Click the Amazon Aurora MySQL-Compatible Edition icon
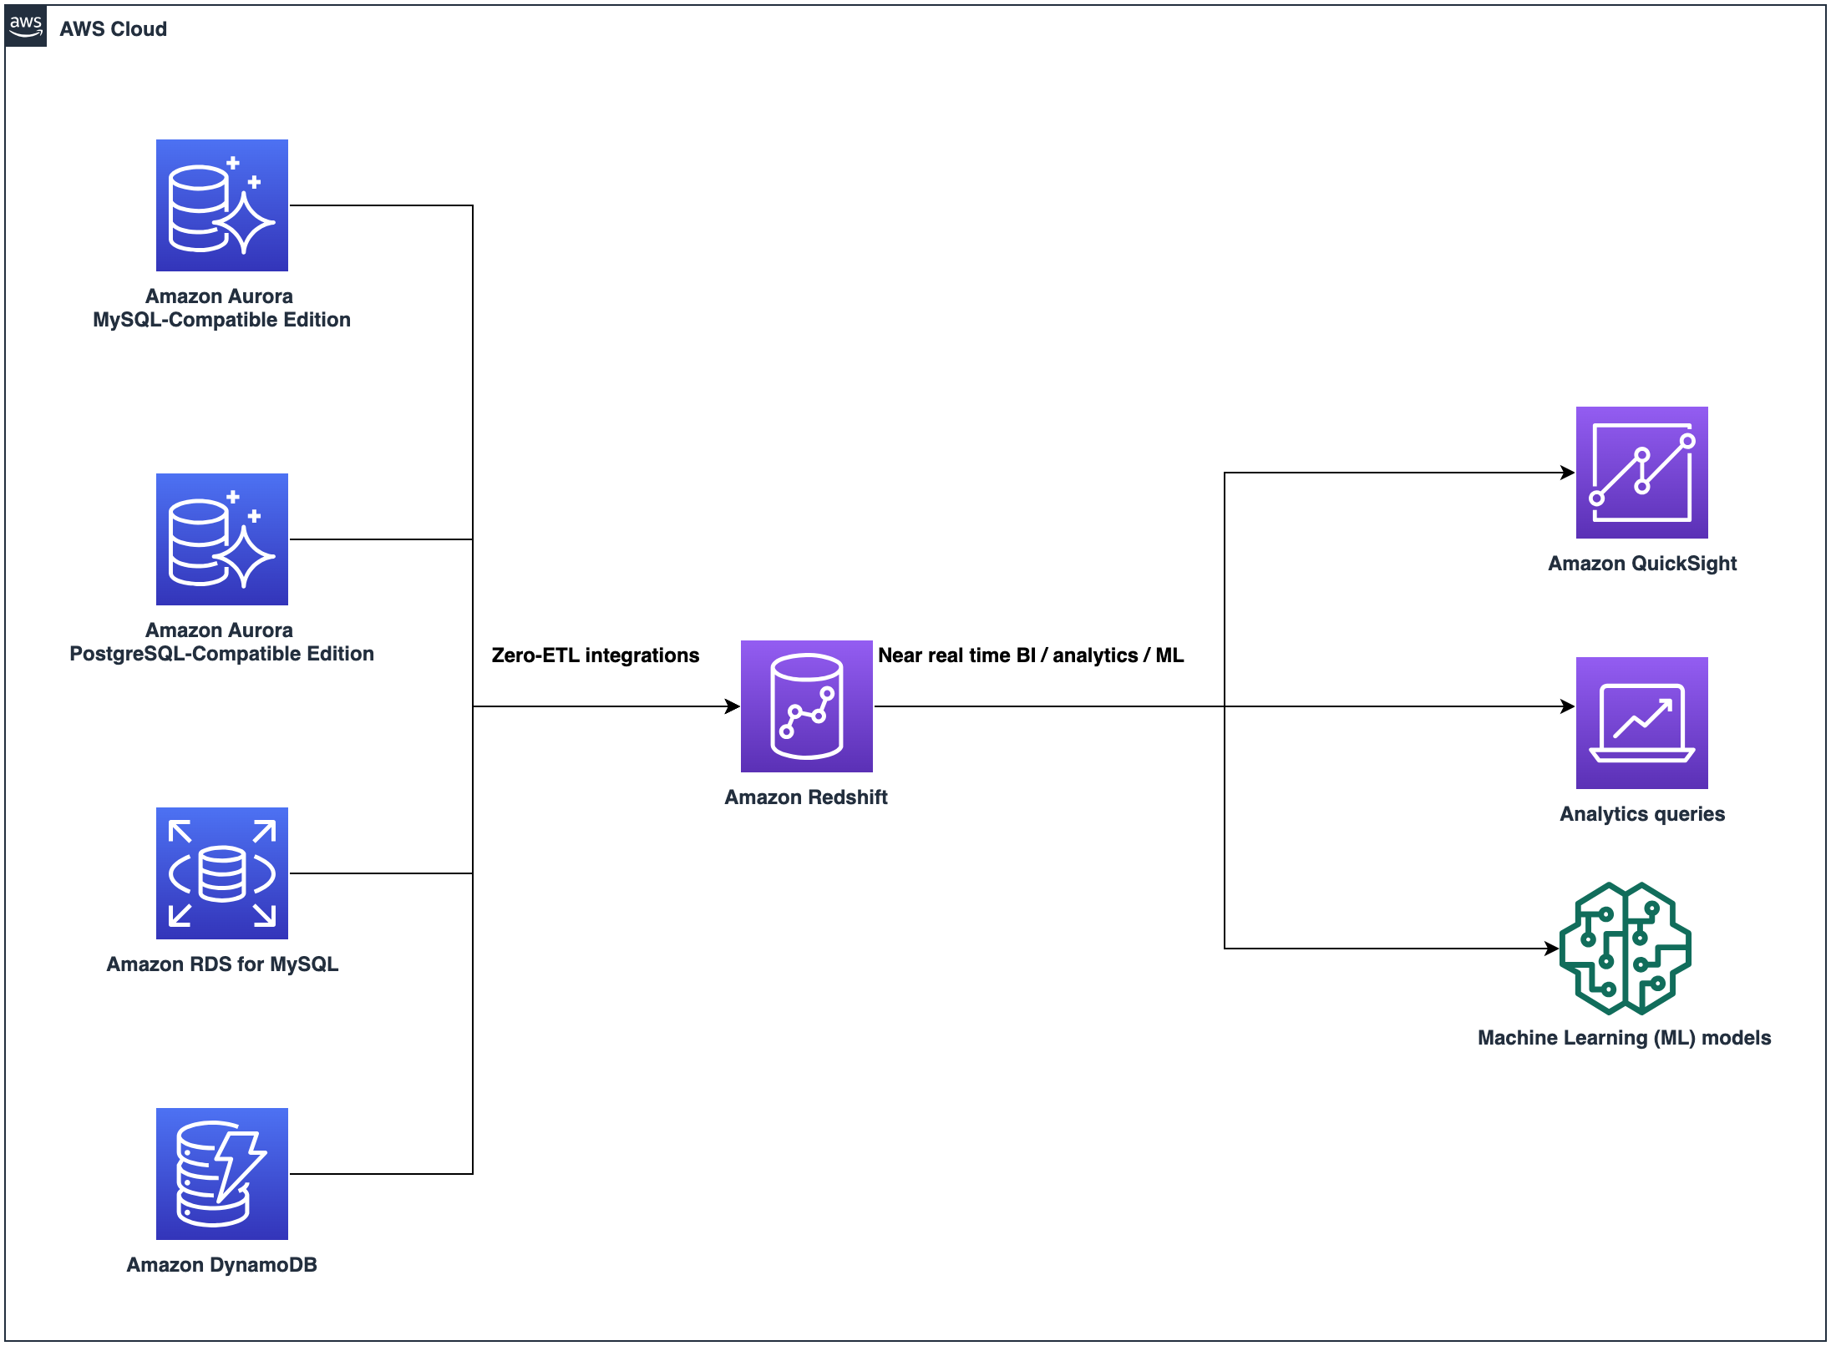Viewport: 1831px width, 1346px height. [221, 205]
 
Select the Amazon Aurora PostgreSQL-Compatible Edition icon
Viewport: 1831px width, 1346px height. [221, 539]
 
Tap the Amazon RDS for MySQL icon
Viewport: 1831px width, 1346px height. [221, 873]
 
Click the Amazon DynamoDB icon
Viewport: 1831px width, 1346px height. [221, 1174]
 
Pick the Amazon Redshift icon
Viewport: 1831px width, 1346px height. [806, 706]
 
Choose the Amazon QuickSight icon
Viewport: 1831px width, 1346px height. [1641, 473]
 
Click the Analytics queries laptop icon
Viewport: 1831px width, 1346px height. [1641, 723]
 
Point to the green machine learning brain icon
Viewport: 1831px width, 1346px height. [1625, 949]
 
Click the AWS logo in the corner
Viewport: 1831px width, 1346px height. [26, 27]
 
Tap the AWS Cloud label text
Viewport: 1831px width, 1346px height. [113, 29]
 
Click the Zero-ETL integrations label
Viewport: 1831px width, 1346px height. [595, 655]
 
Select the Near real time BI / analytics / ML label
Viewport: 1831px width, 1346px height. [1030, 655]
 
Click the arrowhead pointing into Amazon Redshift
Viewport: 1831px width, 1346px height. [733, 706]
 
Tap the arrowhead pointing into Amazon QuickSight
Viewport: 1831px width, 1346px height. [1568, 473]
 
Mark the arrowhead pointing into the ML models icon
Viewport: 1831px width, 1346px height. [1552, 949]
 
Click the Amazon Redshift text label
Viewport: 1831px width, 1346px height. [805, 797]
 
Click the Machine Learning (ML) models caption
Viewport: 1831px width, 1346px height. [1624, 1038]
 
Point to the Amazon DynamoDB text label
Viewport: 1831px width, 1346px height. [221, 1265]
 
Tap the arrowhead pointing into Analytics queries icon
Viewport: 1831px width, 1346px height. [1568, 706]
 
